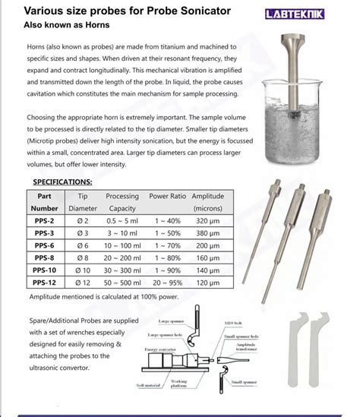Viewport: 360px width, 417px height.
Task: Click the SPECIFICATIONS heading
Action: point(63,182)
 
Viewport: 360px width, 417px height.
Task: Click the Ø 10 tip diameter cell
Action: point(83,270)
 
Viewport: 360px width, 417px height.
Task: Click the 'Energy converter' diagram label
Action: point(160,348)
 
